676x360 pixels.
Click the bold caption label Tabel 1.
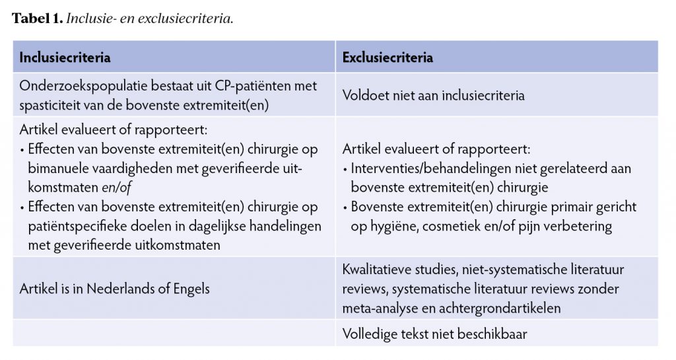tap(37, 18)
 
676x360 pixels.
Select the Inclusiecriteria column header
tap(65, 57)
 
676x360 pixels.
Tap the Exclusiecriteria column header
tap(388, 57)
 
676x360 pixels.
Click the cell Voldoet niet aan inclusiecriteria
tap(433, 95)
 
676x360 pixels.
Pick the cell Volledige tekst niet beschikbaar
tap(434, 334)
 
